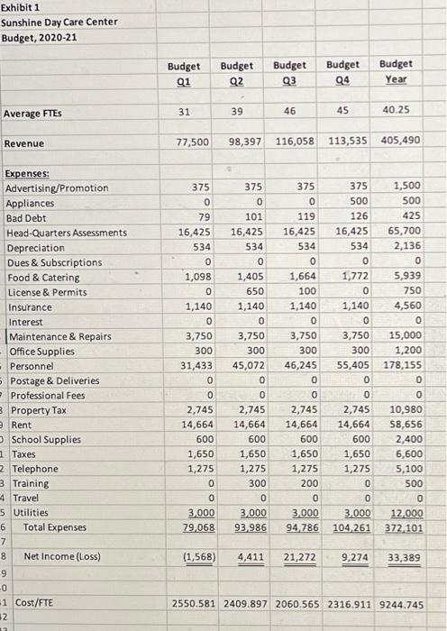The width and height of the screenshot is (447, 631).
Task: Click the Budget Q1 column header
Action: coord(183,71)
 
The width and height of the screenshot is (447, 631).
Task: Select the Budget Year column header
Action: coord(396,71)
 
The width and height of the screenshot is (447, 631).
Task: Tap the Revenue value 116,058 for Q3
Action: coord(288,143)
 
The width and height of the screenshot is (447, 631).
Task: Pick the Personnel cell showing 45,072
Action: coord(238,366)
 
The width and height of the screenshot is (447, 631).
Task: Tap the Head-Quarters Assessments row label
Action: coord(67,233)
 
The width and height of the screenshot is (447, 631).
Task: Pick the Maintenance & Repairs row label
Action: coord(60,336)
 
